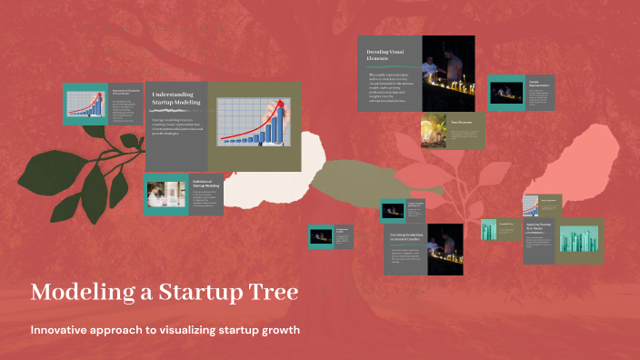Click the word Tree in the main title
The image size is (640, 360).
[x=269, y=294]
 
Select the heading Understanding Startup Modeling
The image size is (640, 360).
[x=173, y=97]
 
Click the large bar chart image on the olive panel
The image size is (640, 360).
[x=254, y=125]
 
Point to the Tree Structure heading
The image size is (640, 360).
[x=462, y=121]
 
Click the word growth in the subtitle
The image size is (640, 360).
[x=280, y=328]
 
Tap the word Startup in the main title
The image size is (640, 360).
[x=188, y=294]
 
